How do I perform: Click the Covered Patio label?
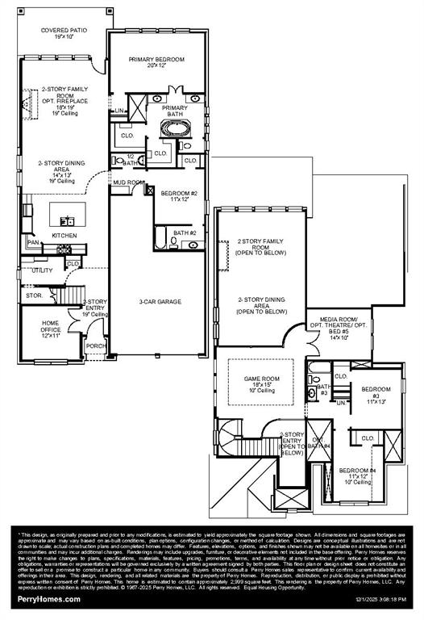click(x=64, y=33)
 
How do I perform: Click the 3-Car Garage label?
click(x=158, y=301)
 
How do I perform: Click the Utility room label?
click(x=42, y=270)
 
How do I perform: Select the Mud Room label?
click(x=128, y=182)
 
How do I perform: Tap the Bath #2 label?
click(x=185, y=232)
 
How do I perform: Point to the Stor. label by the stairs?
click(x=34, y=295)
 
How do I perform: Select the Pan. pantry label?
click(x=33, y=241)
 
